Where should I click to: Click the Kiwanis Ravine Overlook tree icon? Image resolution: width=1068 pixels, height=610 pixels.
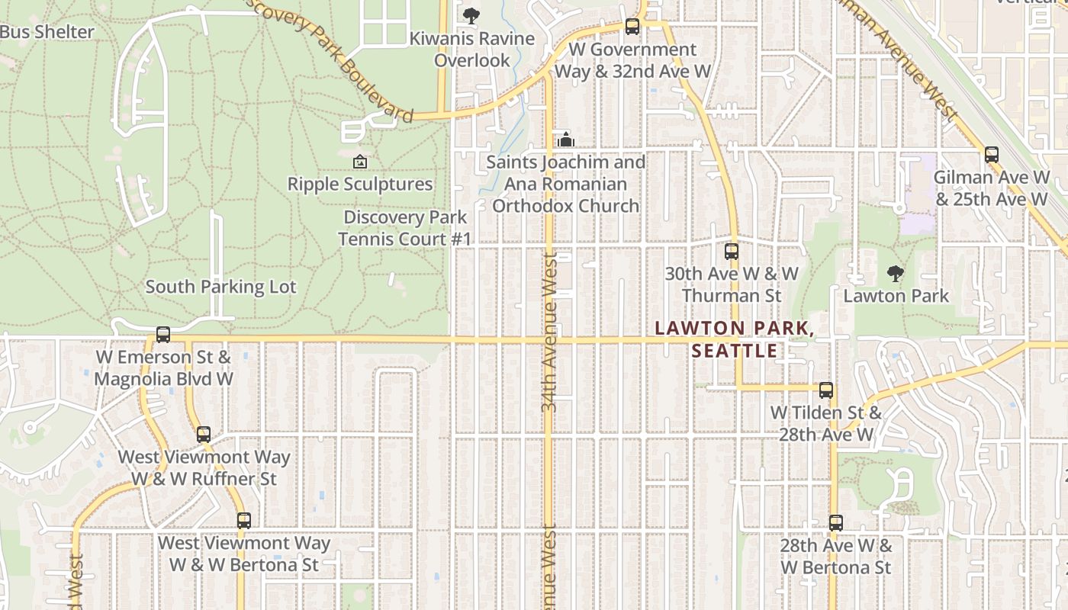[x=471, y=15]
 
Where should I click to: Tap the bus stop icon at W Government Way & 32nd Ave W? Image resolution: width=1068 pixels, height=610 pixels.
[x=632, y=27]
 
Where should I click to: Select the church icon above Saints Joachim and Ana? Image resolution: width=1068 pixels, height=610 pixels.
[x=566, y=140]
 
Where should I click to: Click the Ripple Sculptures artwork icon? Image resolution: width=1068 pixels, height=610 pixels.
[x=360, y=162]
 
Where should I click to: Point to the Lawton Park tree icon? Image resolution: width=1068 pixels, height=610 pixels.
[x=896, y=273]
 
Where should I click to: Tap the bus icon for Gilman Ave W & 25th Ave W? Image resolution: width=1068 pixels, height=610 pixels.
[x=991, y=155]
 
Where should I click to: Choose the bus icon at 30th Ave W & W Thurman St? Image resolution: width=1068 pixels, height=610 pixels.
[x=732, y=251]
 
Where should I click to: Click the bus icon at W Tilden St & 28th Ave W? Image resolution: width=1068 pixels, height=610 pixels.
[x=825, y=390]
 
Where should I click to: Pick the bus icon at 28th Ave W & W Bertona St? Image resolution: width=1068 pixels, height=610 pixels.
[x=835, y=523]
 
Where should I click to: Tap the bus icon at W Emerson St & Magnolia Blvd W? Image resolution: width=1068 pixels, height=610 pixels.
[x=162, y=335]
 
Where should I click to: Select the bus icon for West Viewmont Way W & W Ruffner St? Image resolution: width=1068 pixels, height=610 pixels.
[x=203, y=435]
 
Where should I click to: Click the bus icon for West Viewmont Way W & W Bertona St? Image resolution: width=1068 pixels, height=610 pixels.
[x=243, y=521]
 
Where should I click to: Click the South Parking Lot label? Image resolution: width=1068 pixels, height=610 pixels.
[x=220, y=287]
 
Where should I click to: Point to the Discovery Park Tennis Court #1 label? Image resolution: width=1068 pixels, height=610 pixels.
[x=405, y=228]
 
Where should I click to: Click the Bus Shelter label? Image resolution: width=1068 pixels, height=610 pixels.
[x=47, y=32]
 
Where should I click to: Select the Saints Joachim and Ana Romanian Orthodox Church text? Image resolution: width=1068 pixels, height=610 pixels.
[x=566, y=184]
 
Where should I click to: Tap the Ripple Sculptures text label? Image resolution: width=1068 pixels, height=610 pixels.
[x=360, y=184]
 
